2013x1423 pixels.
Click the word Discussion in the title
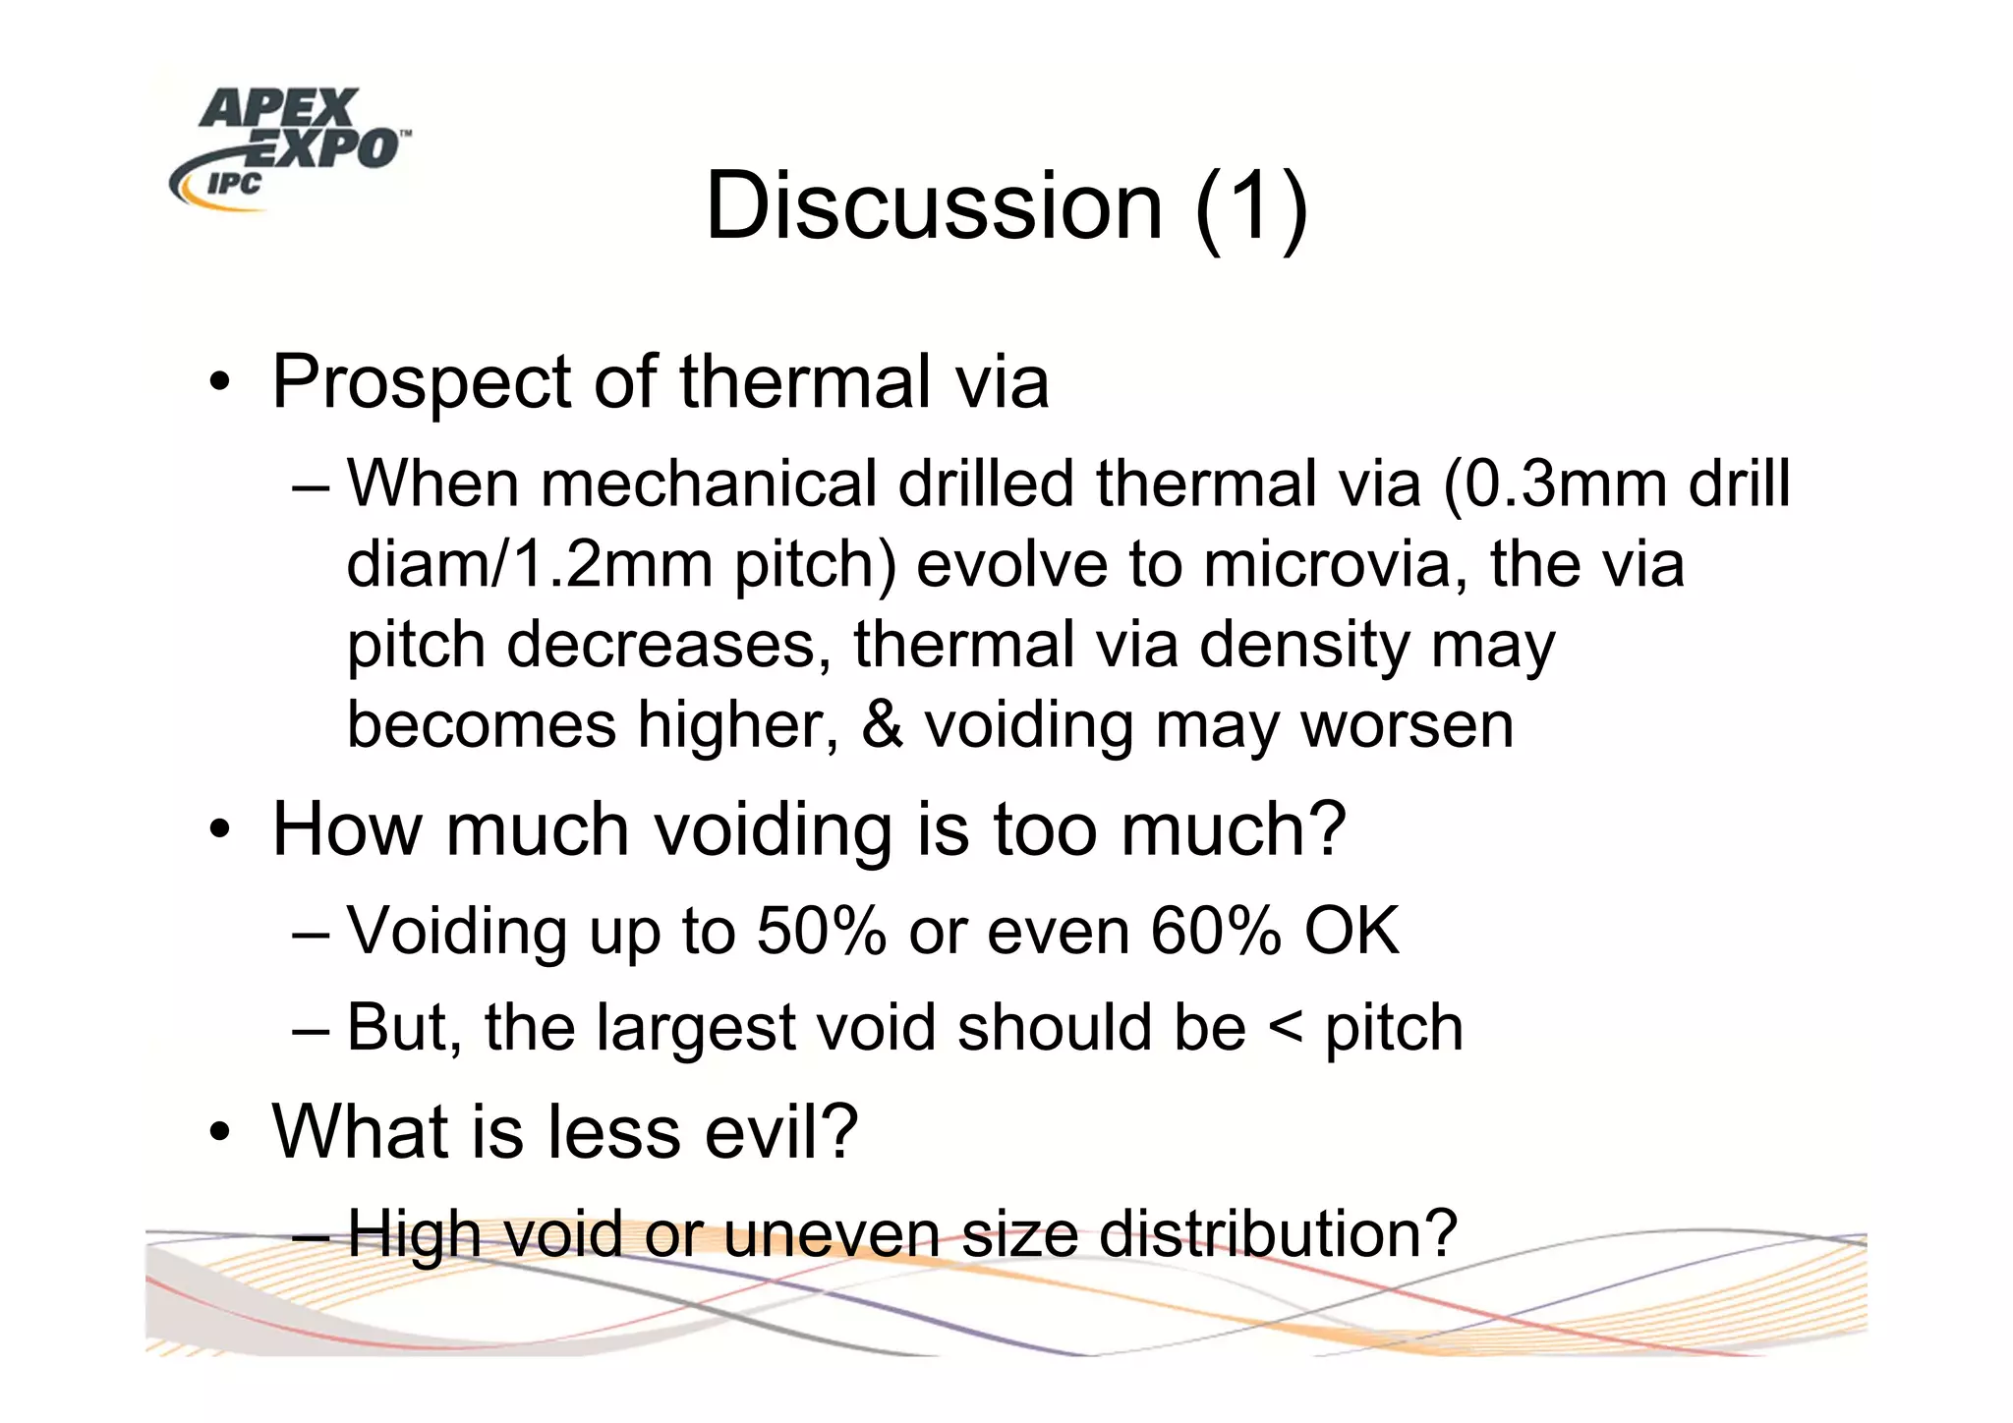(x=933, y=206)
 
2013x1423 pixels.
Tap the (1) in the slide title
(x=1251, y=206)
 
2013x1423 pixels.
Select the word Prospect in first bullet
(x=420, y=383)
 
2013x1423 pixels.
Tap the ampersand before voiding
(x=882, y=725)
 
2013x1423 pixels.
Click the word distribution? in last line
(x=1277, y=1233)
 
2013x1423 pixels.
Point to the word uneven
(x=832, y=1233)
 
